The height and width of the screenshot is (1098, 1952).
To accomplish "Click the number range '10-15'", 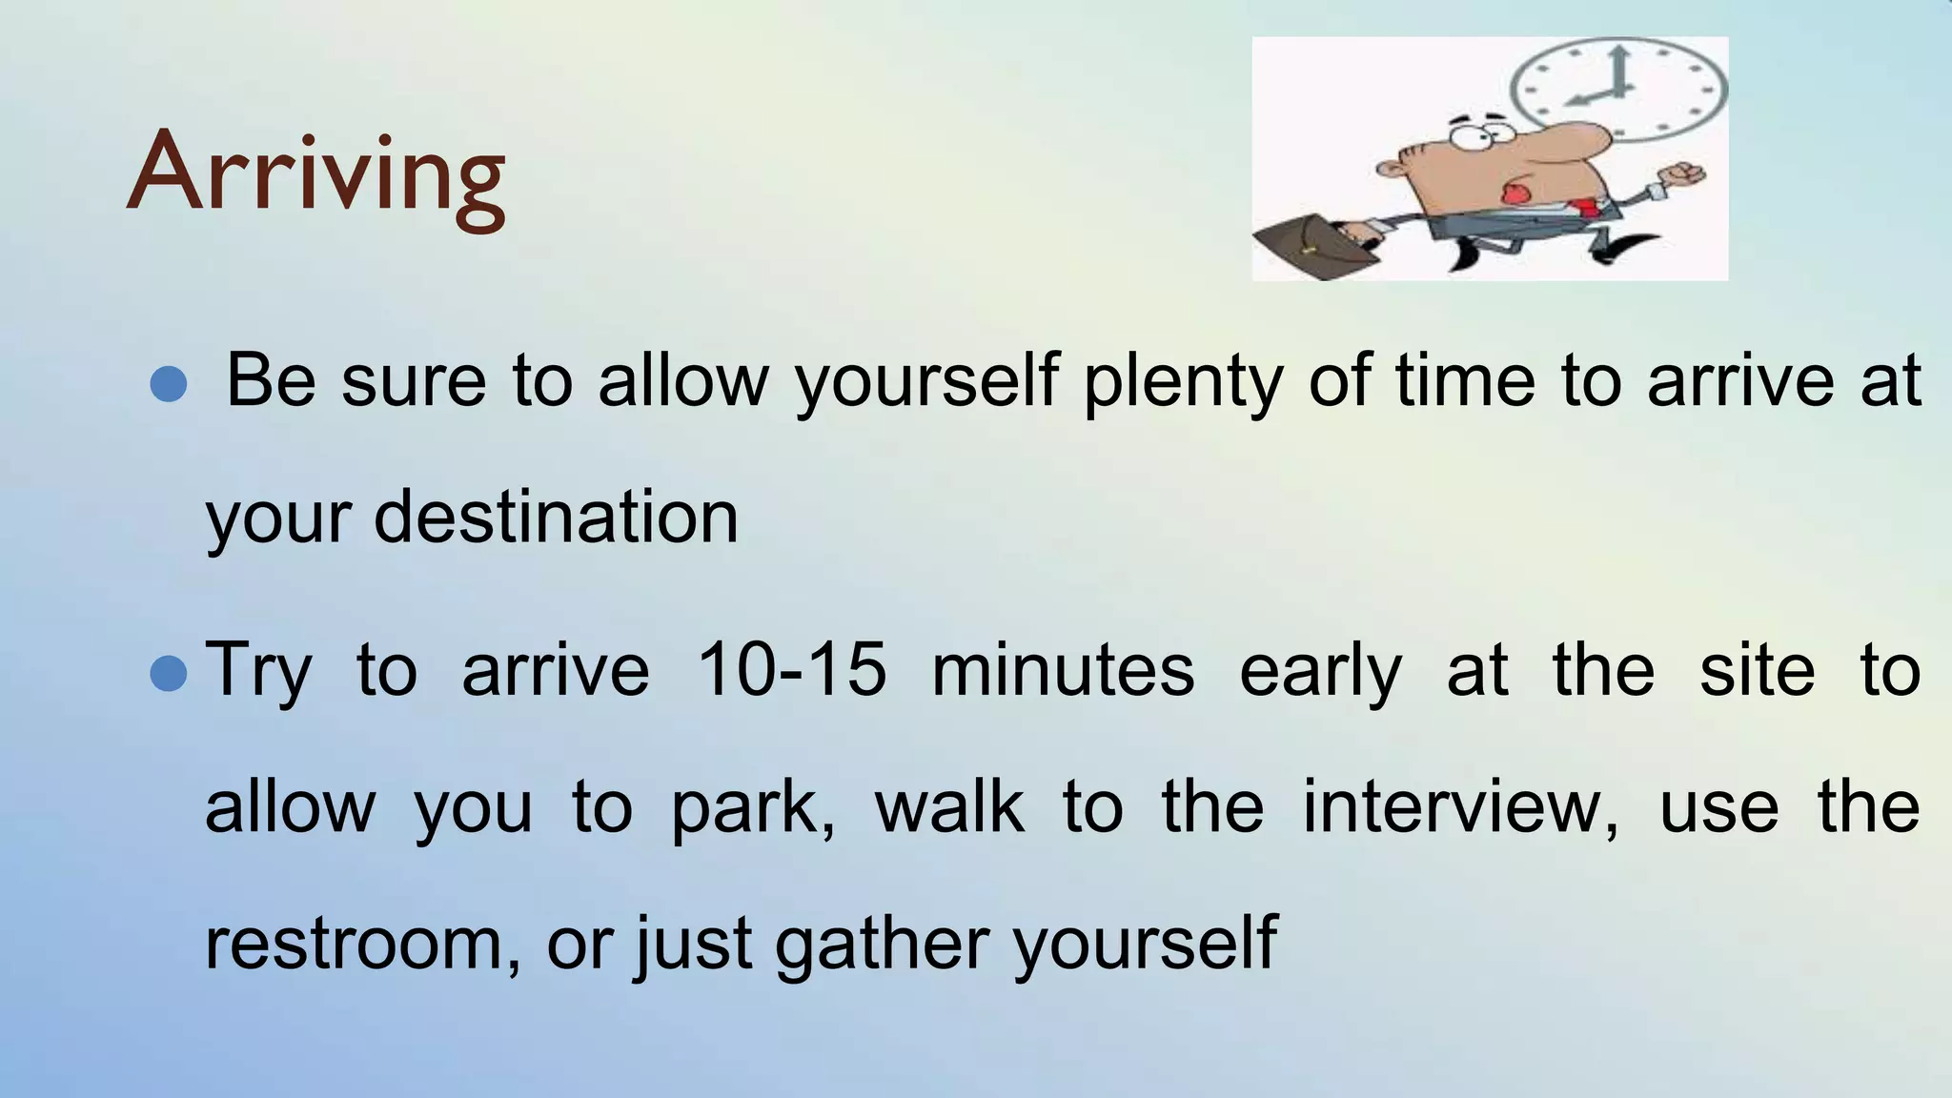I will [791, 669].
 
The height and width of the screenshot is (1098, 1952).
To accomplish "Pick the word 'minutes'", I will [1062, 669].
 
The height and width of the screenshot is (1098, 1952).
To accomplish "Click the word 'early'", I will [1320, 671].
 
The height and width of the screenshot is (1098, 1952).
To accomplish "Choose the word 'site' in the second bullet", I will [1757, 669].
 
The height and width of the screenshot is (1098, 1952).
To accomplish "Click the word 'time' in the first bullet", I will [1465, 379].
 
